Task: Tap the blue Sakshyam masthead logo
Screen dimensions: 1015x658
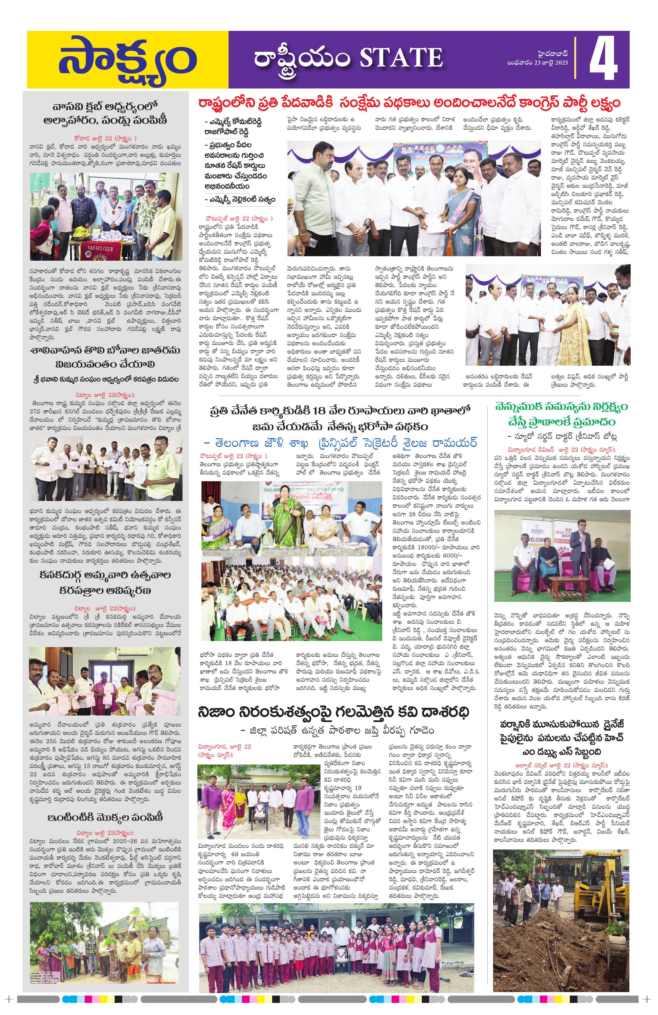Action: tap(128, 60)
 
